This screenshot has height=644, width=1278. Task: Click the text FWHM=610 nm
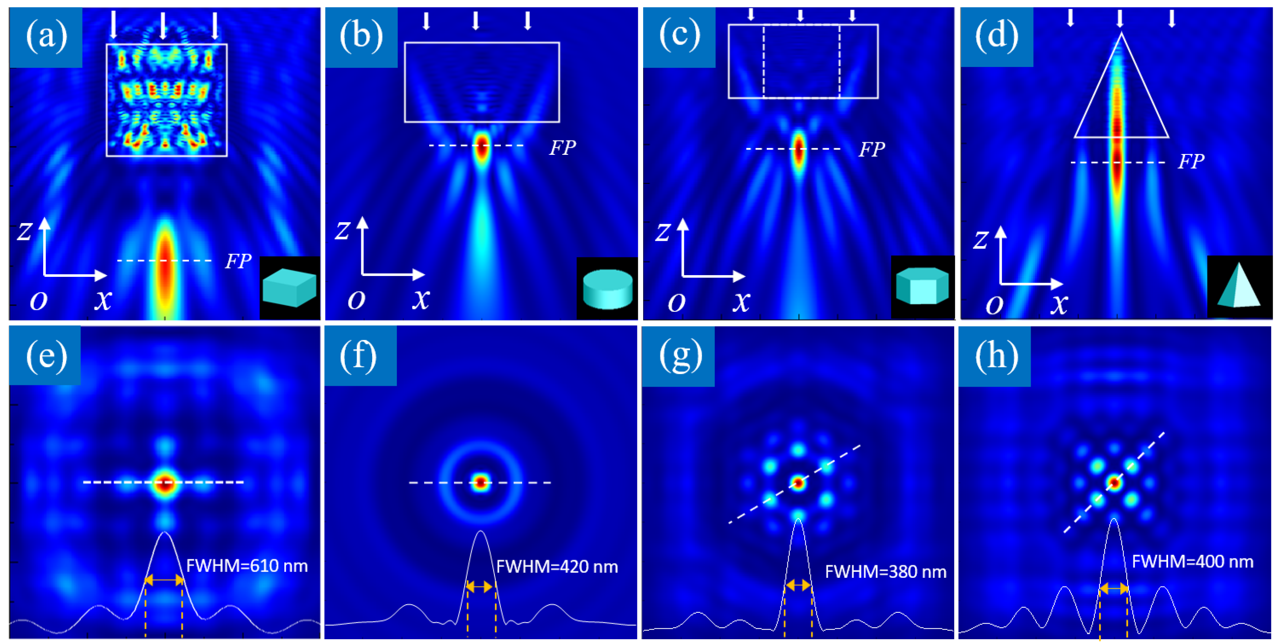click(x=247, y=566)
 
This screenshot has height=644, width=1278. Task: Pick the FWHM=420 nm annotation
click(x=557, y=567)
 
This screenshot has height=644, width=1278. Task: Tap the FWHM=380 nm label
click(x=886, y=572)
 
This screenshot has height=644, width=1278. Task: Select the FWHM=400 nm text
click(x=1193, y=561)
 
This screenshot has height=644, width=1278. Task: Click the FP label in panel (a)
click(x=238, y=261)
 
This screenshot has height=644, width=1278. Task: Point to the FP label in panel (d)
click(x=1191, y=161)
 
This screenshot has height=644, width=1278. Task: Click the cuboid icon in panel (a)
click(x=290, y=288)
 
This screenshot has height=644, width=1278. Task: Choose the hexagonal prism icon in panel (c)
click(x=922, y=286)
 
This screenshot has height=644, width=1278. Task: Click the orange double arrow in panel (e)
click(x=164, y=580)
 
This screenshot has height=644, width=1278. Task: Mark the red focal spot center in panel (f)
click(x=480, y=482)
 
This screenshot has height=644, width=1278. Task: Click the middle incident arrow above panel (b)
click(x=476, y=21)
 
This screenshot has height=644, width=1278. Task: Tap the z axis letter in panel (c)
click(x=663, y=232)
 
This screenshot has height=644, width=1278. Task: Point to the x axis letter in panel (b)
click(x=421, y=299)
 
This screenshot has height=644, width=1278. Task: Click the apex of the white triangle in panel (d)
click(x=1121, y=34)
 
